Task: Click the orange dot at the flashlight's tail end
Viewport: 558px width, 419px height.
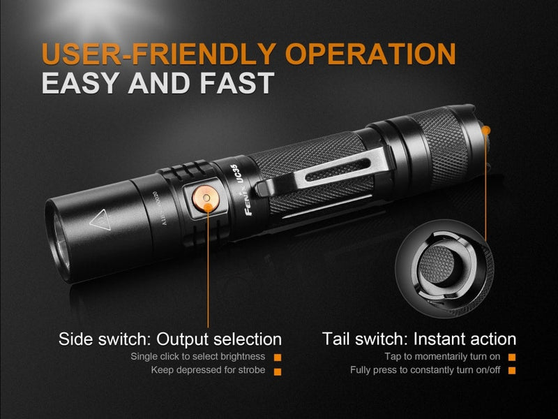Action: tap(486, 130)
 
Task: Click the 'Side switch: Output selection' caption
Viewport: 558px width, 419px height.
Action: tap(170, 339)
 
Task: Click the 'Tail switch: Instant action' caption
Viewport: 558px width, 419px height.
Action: tap(419, 339)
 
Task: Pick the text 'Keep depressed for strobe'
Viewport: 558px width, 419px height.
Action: tap(208, 369)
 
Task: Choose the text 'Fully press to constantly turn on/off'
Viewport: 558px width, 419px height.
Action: tap(425, 369)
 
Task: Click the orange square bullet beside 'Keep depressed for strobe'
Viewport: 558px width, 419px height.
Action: tap(277, 371)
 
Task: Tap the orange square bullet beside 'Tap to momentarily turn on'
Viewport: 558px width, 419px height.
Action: tap(512, 358)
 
